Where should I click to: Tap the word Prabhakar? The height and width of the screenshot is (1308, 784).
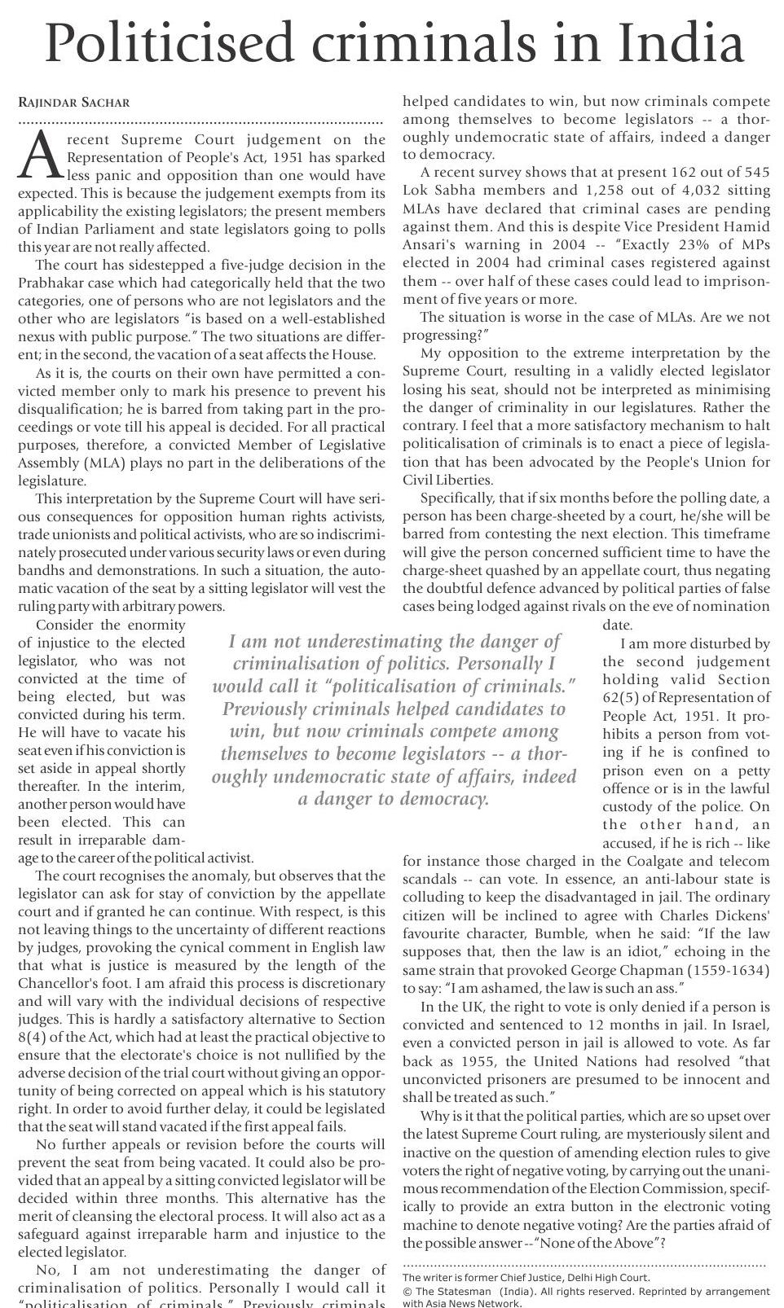point(55,283)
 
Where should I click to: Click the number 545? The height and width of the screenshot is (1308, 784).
point(755,173)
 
